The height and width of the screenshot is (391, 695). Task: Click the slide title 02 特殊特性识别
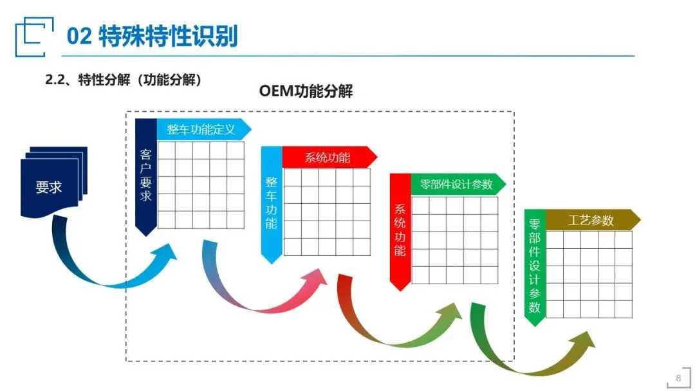(x=152, y=37)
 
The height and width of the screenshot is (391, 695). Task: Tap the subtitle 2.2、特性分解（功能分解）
(x=124, y=80)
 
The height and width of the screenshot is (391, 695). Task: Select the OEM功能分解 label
(x=306, y=91)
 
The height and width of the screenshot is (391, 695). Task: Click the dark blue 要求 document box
(x=50, y=186)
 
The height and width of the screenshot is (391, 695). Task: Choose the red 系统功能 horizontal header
(x=328, y=157)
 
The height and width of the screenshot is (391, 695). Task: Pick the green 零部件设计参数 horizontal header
(x=456, y=184)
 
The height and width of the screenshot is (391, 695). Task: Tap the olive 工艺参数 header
(x=591, y=221)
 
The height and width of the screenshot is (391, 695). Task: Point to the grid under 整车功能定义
(x=201, y=185)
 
